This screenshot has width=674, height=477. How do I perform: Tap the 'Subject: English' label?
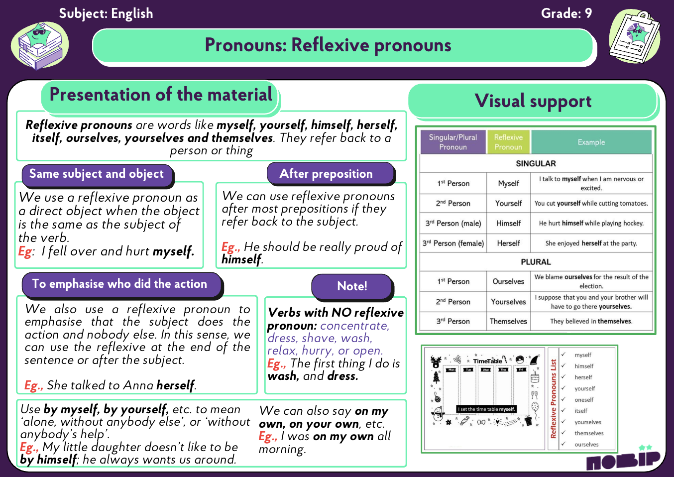(x=106, y=13)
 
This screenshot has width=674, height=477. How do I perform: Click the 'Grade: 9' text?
(x=566, y=13)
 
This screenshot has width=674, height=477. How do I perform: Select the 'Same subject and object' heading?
(x=97, y=174)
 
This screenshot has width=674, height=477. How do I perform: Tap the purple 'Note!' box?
(x=352, y=286)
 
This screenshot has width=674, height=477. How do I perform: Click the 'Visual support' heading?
(x=533, y=101)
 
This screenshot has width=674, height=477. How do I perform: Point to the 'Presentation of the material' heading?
(x=160, y=95)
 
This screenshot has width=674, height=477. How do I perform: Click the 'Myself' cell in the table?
(x=508, y=183)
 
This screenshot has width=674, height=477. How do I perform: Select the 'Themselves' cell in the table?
(x=508, y=321)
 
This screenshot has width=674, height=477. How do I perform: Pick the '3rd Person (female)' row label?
(x=453, y=243)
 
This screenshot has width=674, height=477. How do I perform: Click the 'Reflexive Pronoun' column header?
(x=508, y=142)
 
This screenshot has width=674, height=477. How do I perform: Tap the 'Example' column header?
(x=591, y=142)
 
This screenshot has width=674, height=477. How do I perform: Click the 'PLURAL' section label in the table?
(x=536, y=262)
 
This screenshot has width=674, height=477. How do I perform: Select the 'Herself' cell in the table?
(x=508, y=243)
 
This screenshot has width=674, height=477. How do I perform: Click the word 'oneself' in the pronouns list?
(x=584, y=400)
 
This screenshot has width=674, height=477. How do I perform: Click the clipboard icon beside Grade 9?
(x=635, y=37)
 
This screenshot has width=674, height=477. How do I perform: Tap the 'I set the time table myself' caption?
(x=487, y=409)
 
